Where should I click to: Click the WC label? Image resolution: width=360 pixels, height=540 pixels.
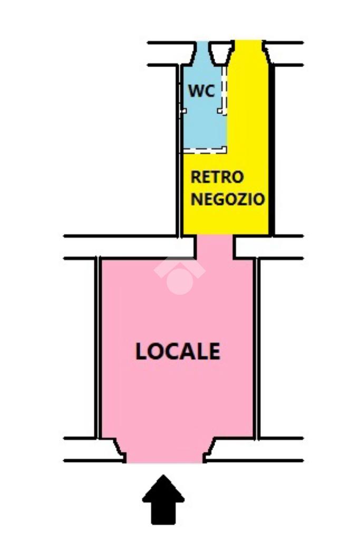click(x=202, y=91)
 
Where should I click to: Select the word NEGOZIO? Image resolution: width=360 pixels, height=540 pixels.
click(x=227, y=200)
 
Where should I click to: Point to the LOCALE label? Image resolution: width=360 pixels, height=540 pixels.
click(x=178, y=351)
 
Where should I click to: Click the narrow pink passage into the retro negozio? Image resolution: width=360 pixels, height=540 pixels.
click(x=214, y=247)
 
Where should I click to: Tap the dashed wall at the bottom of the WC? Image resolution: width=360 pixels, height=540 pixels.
click(x=205, y=151)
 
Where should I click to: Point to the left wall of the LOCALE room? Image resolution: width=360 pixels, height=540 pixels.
click(x=98, y=348)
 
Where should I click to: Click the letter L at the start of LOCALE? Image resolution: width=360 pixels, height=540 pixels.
click(x=141, y=352)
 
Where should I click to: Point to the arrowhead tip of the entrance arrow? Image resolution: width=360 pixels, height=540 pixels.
click(x=163, y=478)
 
